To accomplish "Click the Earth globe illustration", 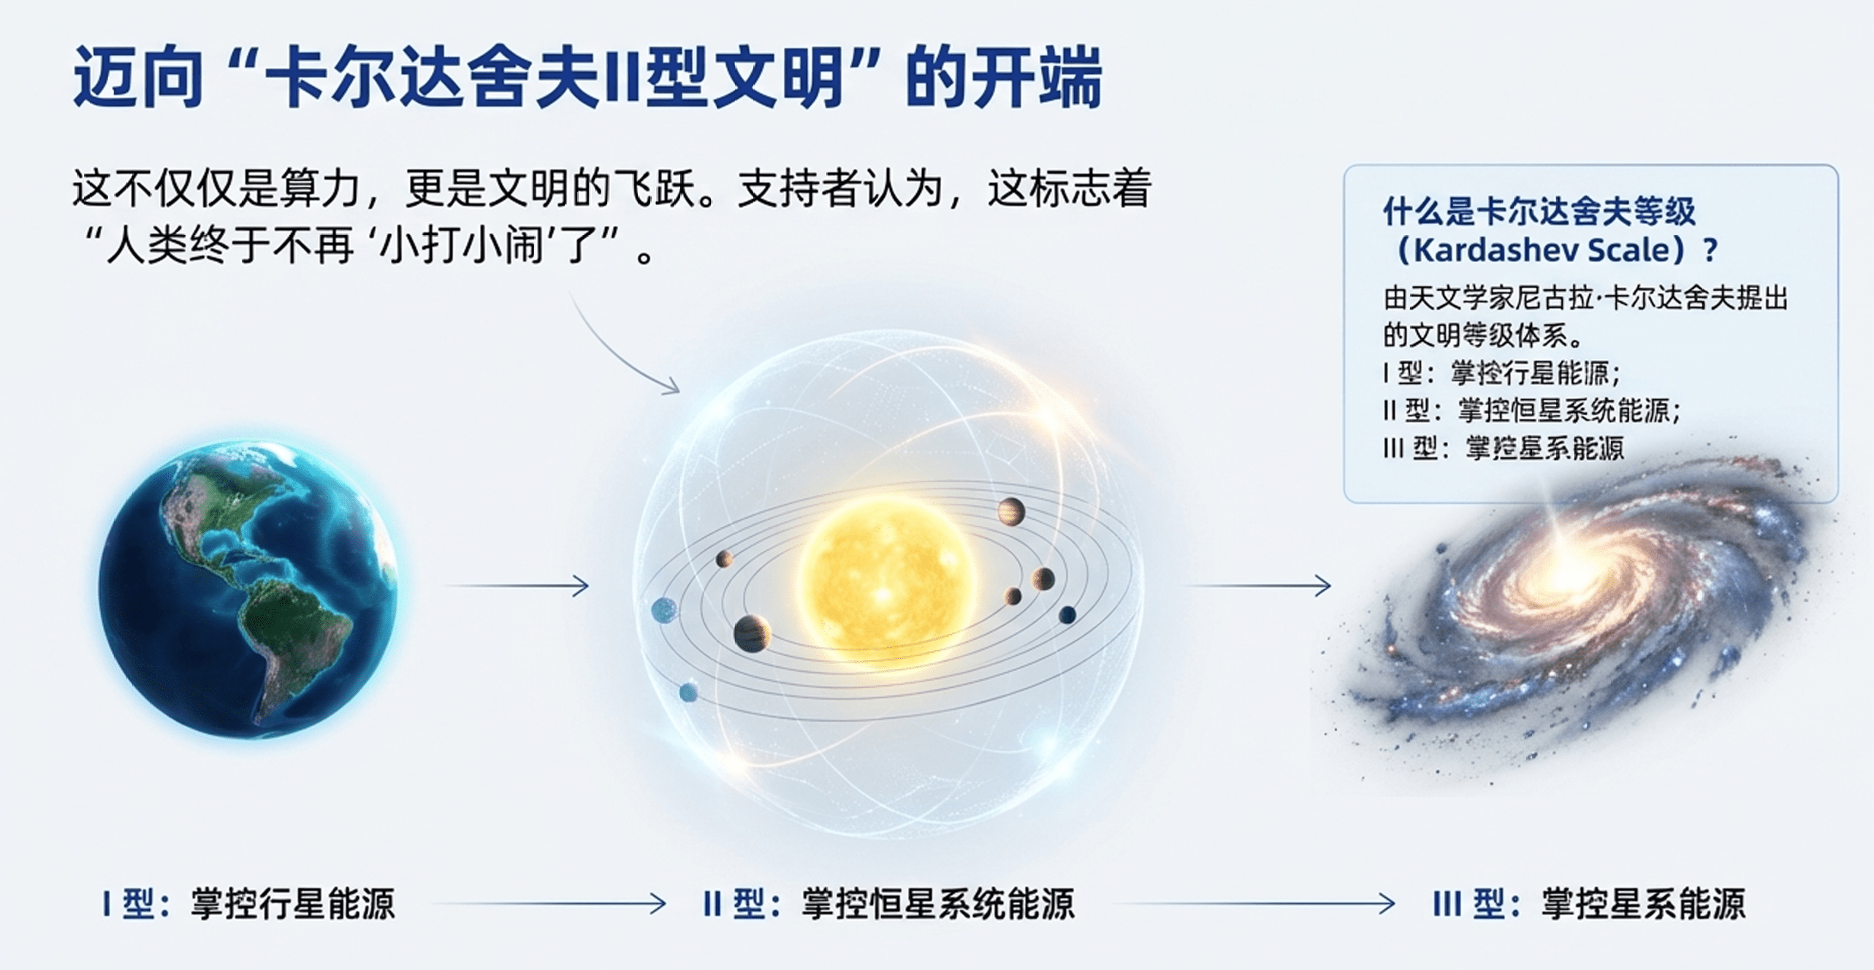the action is [248, 589].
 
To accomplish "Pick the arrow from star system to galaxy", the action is [1257, 585].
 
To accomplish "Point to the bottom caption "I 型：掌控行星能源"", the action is [248, 904].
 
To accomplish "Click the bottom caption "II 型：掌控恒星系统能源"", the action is [888, 904].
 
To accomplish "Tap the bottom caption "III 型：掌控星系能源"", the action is [1589, 904].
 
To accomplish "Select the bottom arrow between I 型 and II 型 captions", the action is [549, 904].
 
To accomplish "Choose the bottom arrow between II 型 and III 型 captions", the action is [1254, 904].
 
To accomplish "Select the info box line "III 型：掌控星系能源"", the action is [1504, 448].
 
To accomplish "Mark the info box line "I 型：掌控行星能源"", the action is [1501, 373].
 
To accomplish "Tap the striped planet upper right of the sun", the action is [1011, 511].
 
